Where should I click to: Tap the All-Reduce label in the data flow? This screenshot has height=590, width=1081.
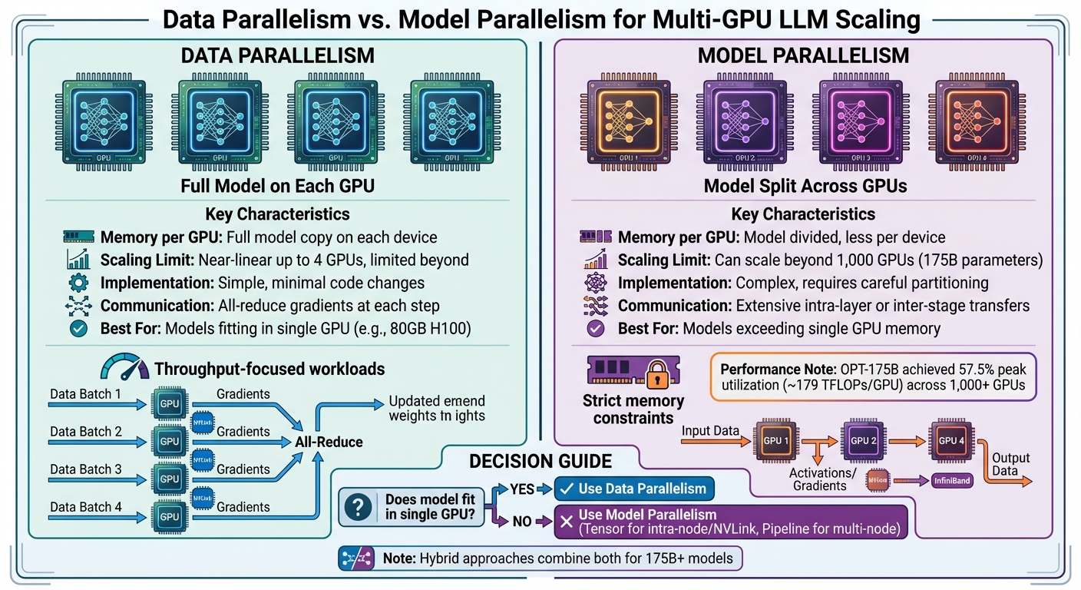(329, 442)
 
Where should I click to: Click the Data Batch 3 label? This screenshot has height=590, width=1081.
(85, 469)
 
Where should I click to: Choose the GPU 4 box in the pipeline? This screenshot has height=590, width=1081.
(953, 440)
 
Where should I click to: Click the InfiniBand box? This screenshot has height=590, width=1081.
(951, 482)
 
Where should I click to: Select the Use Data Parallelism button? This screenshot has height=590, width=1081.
(633, 489)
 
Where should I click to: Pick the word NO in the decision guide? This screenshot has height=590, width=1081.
(522, 522)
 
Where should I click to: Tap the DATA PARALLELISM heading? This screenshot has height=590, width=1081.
(278, 55)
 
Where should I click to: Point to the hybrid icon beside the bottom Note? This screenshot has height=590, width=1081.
(356, 559)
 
